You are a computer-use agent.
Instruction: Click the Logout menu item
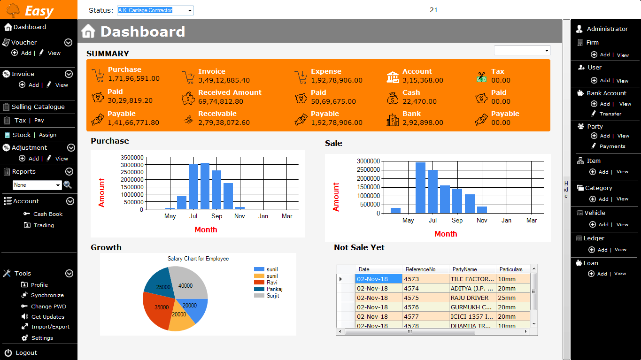[x=26, y=352]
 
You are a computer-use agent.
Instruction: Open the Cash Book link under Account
[x=47, y=214]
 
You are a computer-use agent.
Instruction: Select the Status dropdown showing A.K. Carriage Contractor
[x=155, y=10]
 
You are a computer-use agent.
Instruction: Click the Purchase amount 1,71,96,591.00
[x=134, y=78]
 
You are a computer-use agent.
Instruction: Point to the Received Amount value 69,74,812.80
[x=221, y=101]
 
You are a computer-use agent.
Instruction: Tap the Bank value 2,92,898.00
[x=423, y=123]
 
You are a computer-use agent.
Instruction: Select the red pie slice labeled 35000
[x=160, y=307]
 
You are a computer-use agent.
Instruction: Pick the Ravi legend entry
[x=271, y=283]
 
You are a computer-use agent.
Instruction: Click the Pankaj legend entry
[x=274, y=289]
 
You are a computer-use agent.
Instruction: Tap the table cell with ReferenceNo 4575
[x=425, y=298]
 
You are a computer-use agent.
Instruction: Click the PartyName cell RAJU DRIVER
[x=472, y=298]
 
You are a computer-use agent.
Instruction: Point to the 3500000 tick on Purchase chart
[x=132, y=158]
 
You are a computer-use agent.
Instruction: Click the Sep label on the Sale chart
[x=457, y=220]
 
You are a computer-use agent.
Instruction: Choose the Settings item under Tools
[x=42, y=338]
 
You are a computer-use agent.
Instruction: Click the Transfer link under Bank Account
[x=610, y=114]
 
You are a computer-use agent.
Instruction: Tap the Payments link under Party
[x=612, y=146]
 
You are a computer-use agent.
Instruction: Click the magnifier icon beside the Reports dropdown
[x=68, y=185]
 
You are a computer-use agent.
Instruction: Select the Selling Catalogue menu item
[x=38, y=107]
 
